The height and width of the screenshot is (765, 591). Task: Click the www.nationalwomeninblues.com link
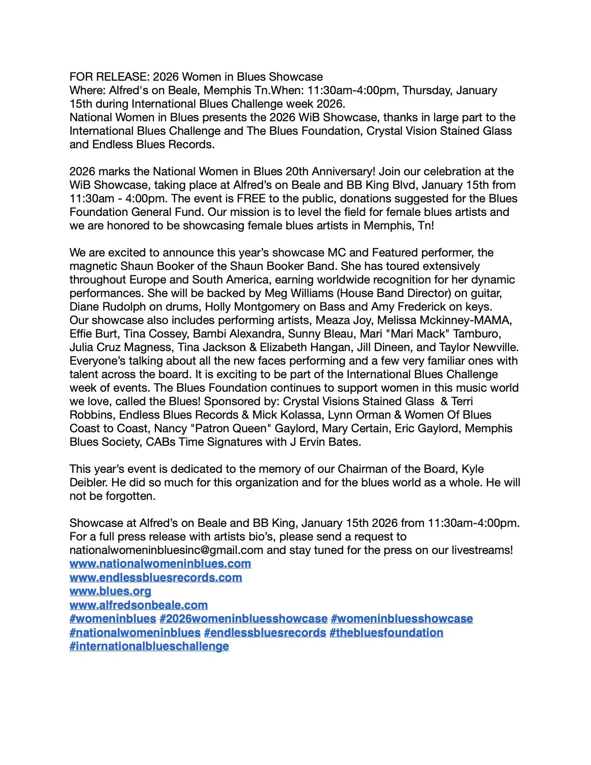tap(160, 564)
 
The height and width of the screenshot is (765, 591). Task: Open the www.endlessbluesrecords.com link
tap(155, 578)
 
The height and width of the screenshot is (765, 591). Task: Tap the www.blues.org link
tap(110, 591)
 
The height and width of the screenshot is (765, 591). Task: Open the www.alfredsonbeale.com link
tap(139, 605)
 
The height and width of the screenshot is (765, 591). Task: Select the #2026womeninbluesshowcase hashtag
tap(243, 619)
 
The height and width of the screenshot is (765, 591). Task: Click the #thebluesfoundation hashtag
tap(386, 633)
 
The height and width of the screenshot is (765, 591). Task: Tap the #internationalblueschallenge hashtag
tap(149, 646)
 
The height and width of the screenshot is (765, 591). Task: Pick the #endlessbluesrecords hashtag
tap(265, 633)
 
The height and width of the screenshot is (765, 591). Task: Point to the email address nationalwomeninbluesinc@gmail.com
tap(166, 550)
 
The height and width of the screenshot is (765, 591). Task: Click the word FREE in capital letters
tap(251, 198)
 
